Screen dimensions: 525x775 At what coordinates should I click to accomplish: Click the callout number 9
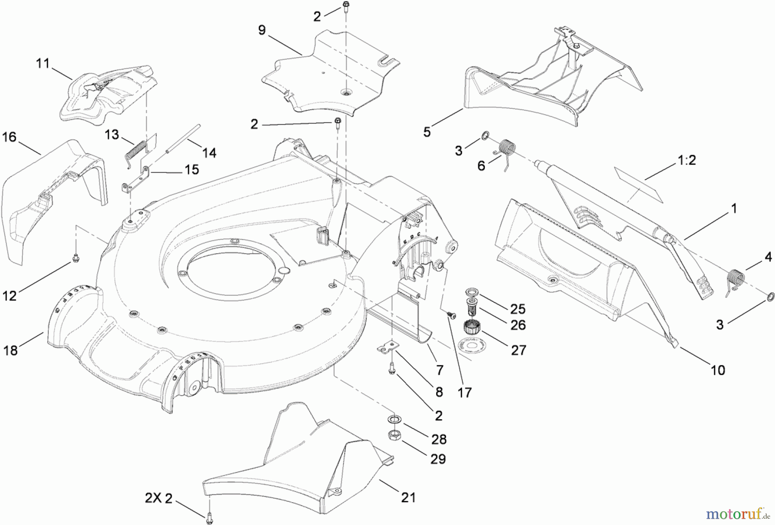click(262, 30)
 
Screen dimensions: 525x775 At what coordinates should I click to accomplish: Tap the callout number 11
click(43, 64)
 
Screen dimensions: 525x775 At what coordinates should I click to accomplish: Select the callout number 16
click(9, 137)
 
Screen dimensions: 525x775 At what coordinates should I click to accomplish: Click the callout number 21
click(408, 497)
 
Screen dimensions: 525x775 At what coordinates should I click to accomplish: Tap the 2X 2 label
click(158, 498)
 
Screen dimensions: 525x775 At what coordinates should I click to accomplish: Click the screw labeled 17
click(451, 315)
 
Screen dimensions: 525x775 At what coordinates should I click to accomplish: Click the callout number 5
click(427, 132)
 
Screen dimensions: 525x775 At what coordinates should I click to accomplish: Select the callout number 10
click(718, 370)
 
